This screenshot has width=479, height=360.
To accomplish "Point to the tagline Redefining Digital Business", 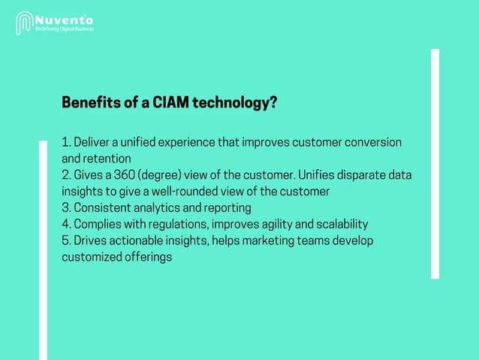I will pos(66,29).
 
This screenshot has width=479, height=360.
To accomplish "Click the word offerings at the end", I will pos(148,257).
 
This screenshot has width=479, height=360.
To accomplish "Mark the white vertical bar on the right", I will pos(435,164).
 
